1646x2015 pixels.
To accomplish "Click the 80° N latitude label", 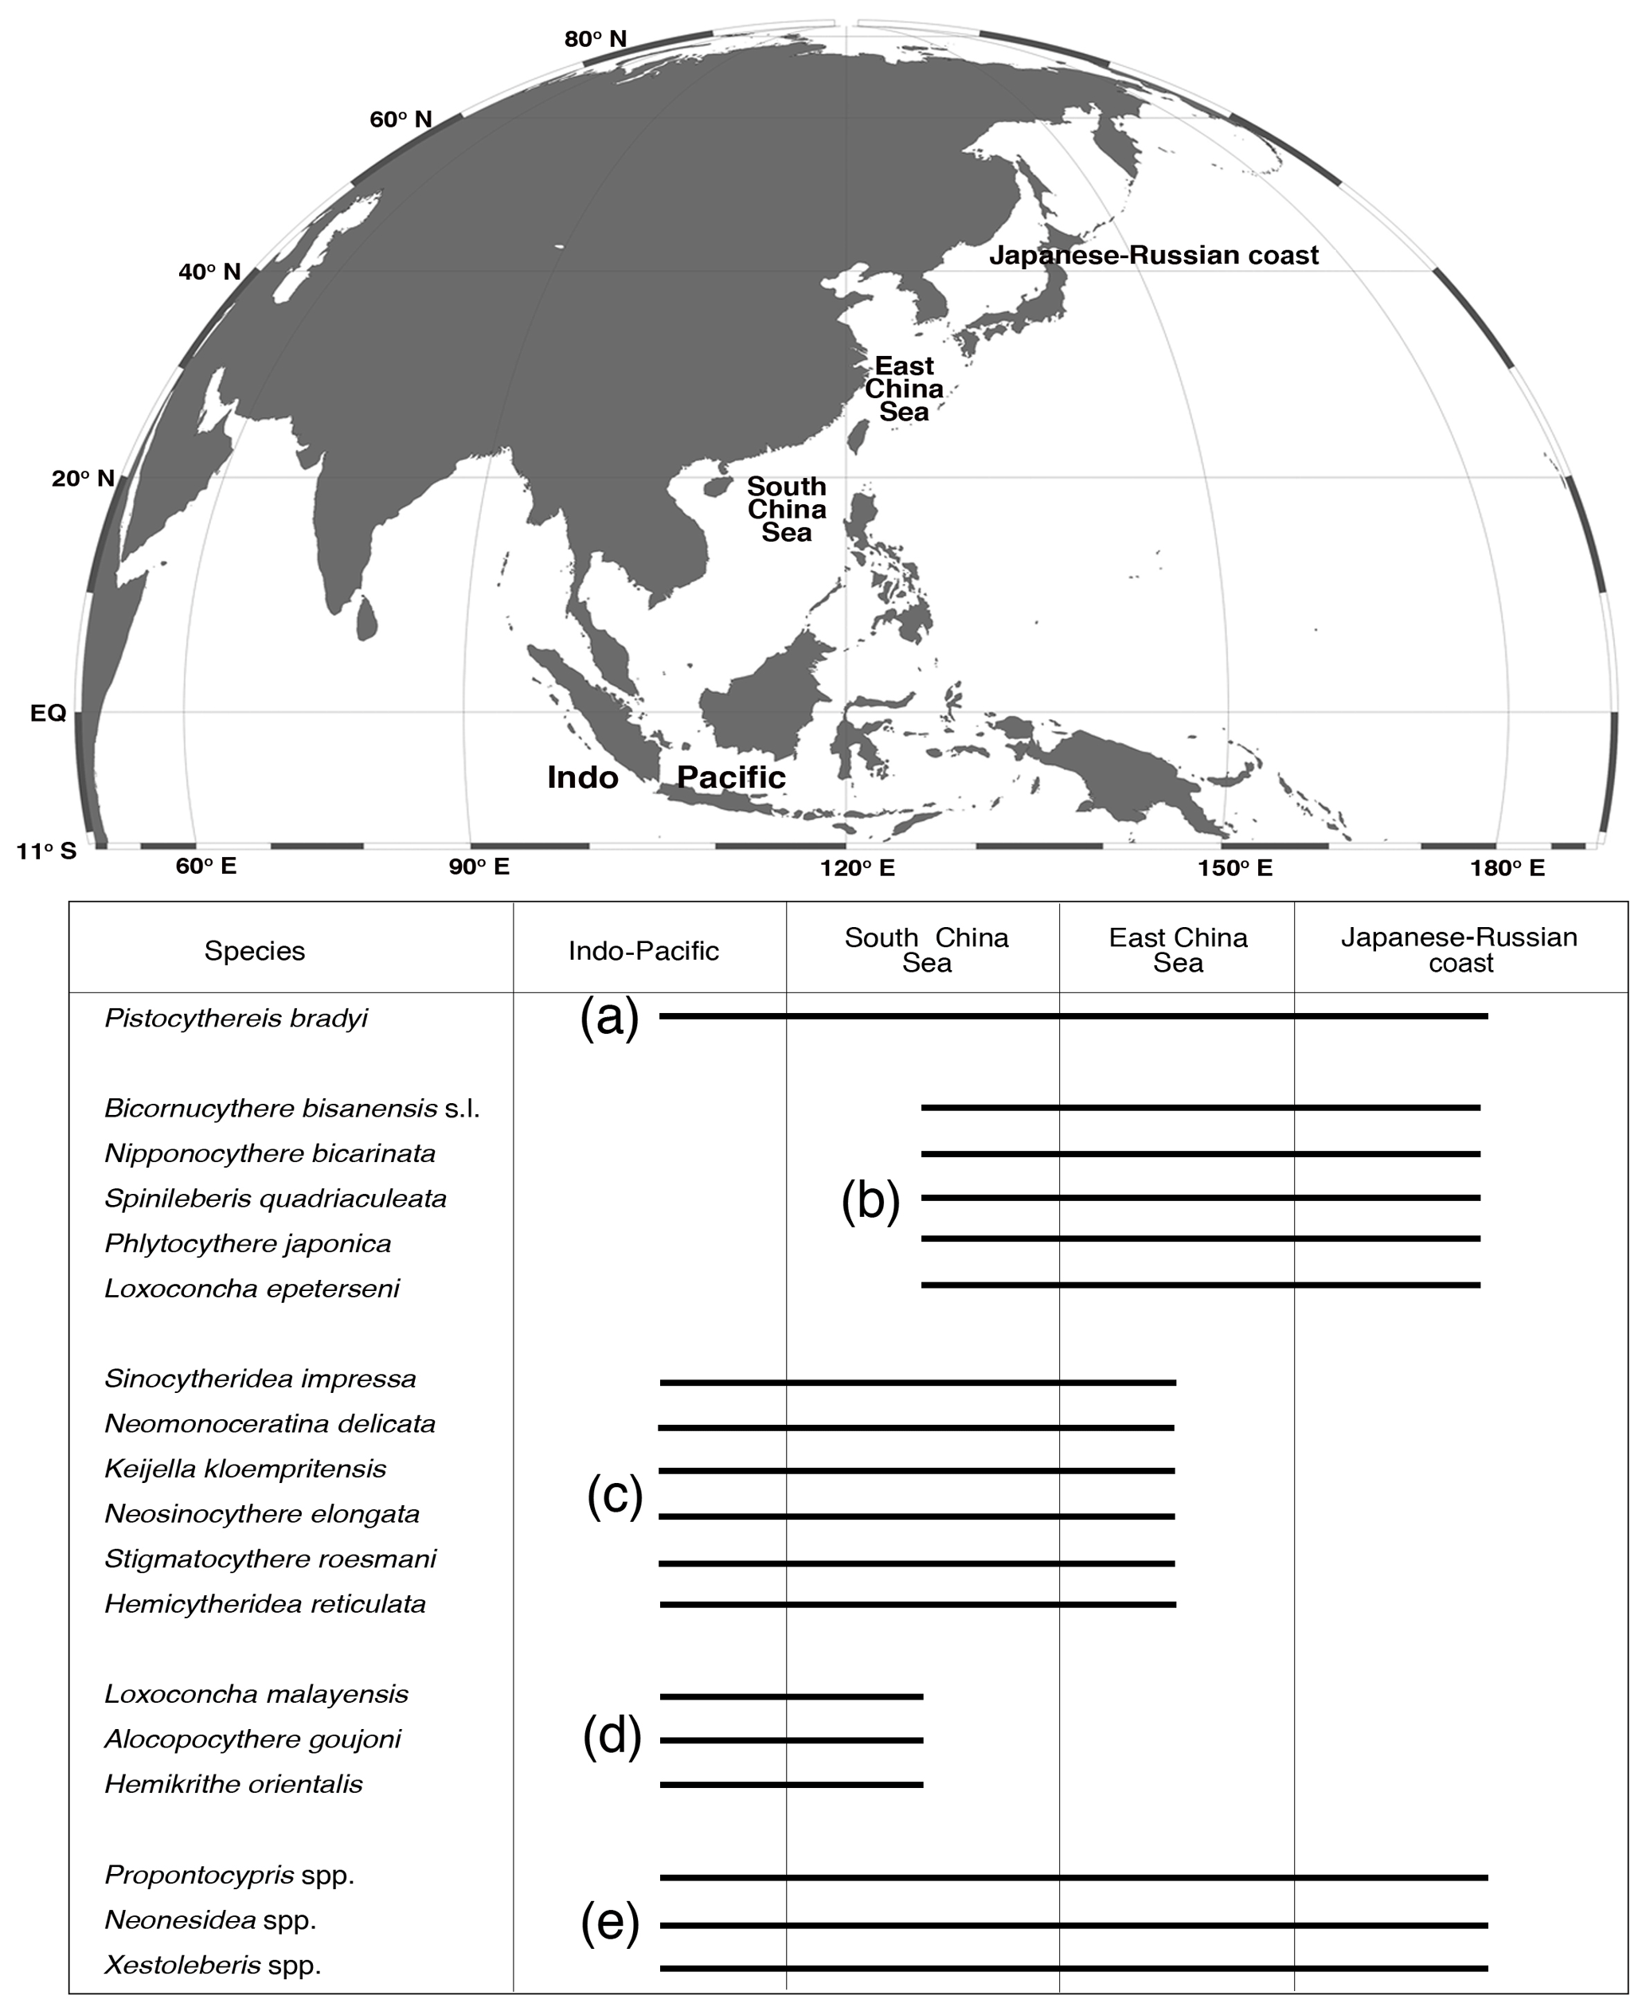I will [596, 39].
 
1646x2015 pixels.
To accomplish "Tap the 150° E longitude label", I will [1234, 867].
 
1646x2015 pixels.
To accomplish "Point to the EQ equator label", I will [49, 713].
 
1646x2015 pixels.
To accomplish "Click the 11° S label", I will [45, 851].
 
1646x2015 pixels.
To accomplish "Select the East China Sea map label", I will [904, 389].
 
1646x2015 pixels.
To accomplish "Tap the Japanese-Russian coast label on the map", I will [1153, 255].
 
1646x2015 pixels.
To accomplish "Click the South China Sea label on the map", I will [786, 509].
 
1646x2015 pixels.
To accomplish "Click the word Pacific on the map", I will [731, 777].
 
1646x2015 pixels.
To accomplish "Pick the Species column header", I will [254, 951].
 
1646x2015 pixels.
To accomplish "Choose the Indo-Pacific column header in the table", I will [643, 951].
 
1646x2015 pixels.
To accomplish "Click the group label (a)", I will [610, 1019].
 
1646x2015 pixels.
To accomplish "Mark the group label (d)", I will [612, 1737].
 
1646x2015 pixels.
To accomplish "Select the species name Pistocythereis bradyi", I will [236, 1019].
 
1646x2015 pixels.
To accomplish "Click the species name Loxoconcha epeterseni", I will [252, 1289].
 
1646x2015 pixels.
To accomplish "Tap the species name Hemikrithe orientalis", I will [233, 1783].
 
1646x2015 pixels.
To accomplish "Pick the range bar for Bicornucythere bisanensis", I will [1200, 1108].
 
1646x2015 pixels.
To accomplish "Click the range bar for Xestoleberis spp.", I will [1073, 1969].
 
